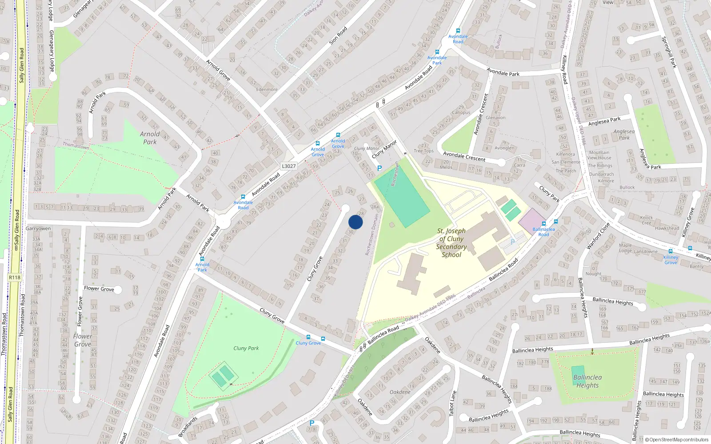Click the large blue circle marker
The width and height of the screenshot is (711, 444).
(x=355, y=222)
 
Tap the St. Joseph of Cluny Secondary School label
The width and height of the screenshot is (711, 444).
(x=451, y=242)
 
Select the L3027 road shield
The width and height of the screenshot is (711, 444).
(x=289, y=166)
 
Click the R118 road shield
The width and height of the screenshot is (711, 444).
(x=15, y=277)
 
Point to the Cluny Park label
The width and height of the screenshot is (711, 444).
(x=246, y=348)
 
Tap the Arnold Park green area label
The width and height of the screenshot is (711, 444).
(x=150, y=138)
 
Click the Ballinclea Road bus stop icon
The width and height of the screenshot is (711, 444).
(x=543, y=224)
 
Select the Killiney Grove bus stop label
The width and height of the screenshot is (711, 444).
(x=671, y=260)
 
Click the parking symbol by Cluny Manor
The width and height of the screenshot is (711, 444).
(x=379, y=169)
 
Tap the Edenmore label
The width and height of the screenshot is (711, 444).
(x=267, y=89)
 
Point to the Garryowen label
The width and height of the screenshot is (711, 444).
(x=38, y=229)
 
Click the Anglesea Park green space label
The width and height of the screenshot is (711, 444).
(x=624, y=135)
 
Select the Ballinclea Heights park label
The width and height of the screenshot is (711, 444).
(x=587, y=381)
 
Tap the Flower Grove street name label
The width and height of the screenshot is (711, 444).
(x=99, y=289)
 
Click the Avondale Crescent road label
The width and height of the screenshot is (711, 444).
(x=464, y=156)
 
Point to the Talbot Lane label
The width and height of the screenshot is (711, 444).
(x=452, y=403)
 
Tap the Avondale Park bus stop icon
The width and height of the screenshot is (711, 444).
(x=437, y=52)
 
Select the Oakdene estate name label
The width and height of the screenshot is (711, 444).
(x=400, y=392)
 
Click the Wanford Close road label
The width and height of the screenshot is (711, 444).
(x=598, y=235)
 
